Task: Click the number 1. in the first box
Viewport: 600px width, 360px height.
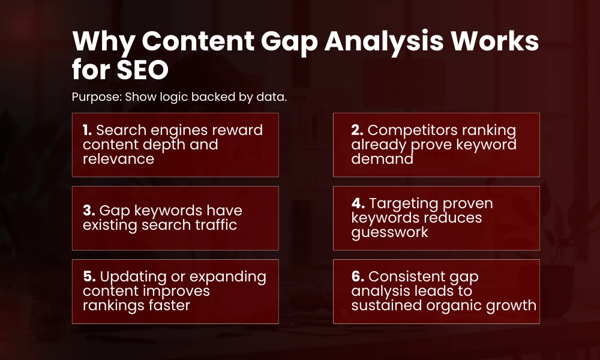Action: click(x=88, y=130)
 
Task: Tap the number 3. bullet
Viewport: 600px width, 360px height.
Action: click(x=89, y=211)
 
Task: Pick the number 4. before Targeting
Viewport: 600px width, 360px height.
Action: click(x=358, y=203)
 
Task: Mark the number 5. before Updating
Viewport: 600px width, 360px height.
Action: click(x=89, y=277)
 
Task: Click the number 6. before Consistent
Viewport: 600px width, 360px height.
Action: click(x=358, y=277)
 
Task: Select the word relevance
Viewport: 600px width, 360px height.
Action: click(x=118, y=159)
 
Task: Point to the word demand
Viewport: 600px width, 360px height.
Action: click(x=382, y=159)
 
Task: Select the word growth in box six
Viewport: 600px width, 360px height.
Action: click(x=513, y=305)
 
